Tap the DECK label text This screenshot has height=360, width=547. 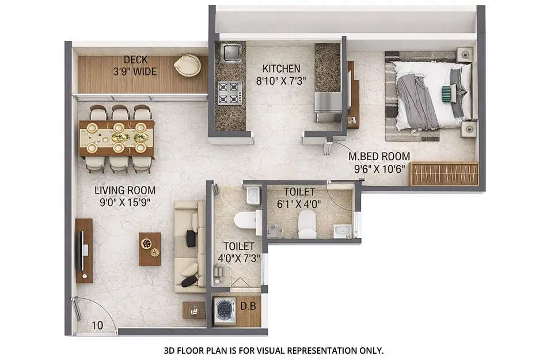135,60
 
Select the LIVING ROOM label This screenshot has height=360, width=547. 125,190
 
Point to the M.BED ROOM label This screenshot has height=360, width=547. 379,156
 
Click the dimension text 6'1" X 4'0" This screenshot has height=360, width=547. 299,203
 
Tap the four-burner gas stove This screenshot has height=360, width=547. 229,92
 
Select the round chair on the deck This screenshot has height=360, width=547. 187,65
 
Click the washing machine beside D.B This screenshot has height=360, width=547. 223,312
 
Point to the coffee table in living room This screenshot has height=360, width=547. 150,249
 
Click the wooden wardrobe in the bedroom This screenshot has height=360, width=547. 443,174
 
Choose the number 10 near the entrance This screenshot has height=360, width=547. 97,325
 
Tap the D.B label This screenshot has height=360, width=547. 249,304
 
